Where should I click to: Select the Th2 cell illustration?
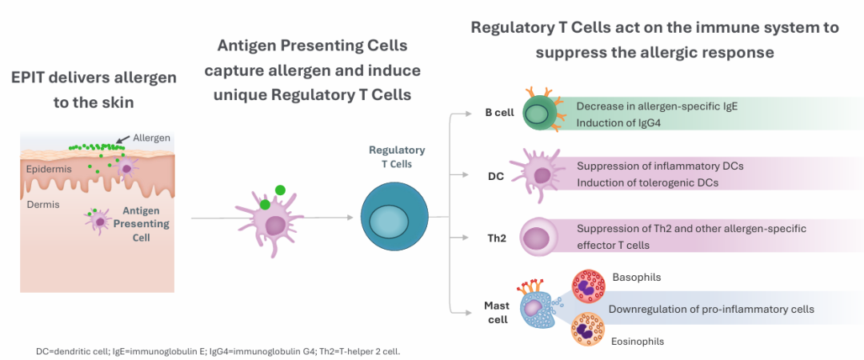coord(538,238)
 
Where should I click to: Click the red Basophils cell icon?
coord(589,286)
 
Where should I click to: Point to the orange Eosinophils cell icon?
coord(589,330)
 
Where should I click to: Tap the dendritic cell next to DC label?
coord(540,174)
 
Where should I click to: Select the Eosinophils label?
coord(638,341)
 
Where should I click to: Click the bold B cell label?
coord(499,113)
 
